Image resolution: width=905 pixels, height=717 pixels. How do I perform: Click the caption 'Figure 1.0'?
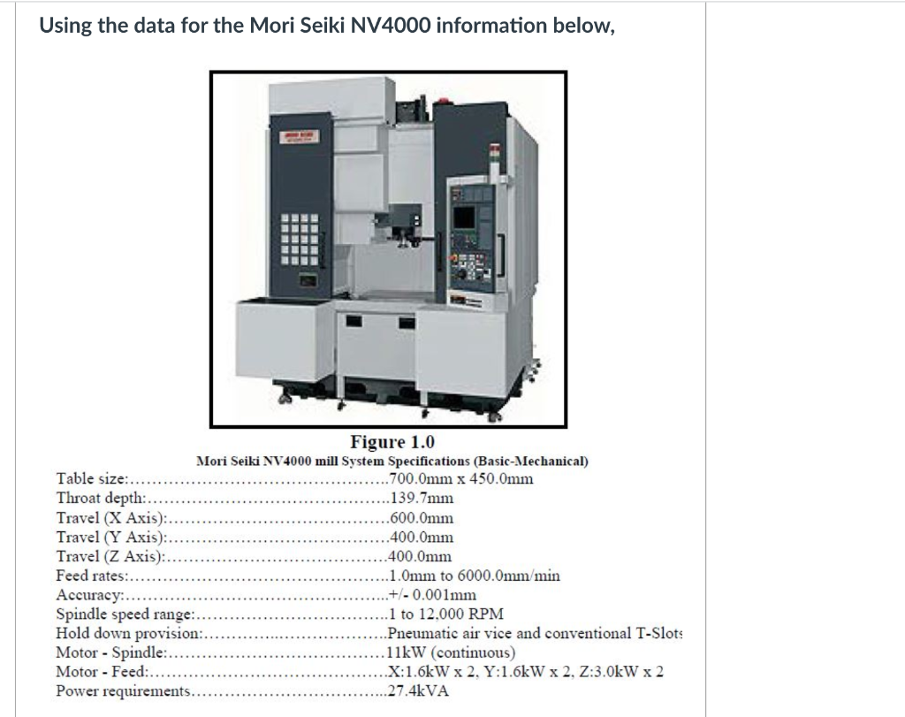click(392, 442)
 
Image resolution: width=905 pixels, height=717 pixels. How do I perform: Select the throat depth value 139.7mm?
click(421, 499)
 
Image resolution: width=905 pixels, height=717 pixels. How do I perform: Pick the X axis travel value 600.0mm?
click(421, 518)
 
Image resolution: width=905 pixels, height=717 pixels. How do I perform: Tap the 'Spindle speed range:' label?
click(124, 614)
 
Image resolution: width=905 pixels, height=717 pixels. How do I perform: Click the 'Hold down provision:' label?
click(129, 633)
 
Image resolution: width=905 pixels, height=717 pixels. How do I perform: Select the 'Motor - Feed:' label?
click(99, 672)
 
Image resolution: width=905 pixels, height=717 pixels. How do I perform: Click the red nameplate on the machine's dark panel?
click(298, 135)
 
